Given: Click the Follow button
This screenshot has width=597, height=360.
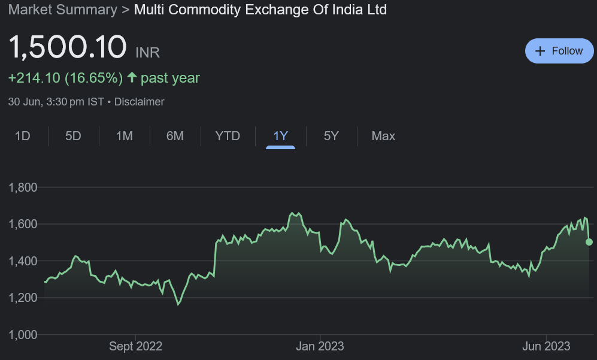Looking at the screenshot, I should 558,51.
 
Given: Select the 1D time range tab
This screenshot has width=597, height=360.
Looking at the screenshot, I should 22,136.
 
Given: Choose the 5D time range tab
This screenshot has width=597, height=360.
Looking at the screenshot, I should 73,136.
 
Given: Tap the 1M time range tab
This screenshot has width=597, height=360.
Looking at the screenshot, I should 124,136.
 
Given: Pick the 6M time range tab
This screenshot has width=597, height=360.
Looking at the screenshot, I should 175,136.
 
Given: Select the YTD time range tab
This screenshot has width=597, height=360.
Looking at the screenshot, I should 228,136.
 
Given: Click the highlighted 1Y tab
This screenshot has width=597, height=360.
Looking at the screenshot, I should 280,136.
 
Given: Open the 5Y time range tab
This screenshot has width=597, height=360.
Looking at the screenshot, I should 331,136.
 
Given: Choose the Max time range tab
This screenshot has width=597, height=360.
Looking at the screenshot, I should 383,136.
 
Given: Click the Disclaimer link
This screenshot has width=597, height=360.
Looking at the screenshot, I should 139,102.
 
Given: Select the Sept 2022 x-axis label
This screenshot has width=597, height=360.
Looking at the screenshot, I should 135,346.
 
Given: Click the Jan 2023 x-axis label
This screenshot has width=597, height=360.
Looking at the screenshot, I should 320,346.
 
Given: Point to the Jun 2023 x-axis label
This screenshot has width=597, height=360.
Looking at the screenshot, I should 547,346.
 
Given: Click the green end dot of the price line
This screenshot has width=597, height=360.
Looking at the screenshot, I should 589,242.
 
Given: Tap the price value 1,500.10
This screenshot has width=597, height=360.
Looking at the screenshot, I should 68,48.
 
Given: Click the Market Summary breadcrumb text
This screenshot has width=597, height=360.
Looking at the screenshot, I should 62,10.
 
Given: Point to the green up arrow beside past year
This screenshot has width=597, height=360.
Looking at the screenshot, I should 132,78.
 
